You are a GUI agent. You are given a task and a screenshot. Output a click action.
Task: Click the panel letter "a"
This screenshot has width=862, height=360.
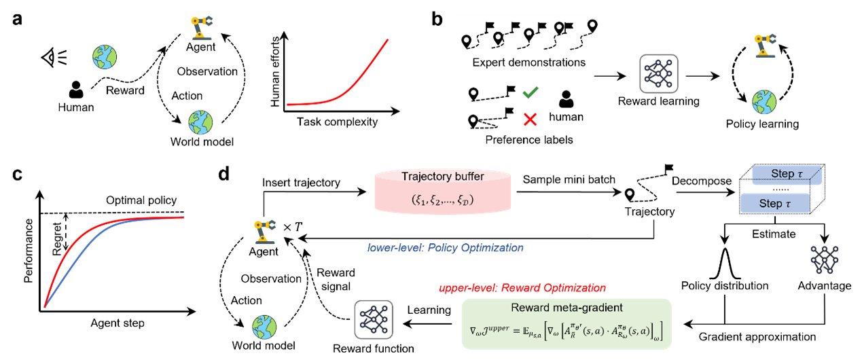coord(17,19)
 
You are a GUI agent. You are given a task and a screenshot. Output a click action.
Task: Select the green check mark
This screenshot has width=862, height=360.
coord(531,92)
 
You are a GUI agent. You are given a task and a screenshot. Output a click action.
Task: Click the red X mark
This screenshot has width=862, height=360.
coord(530,120)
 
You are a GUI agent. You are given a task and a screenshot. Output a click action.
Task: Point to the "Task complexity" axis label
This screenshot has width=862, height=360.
coord(337,122)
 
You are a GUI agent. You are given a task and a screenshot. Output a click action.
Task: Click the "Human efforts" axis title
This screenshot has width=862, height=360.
coord(274,71)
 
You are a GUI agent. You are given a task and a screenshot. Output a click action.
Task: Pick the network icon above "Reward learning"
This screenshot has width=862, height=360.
coord(658,74)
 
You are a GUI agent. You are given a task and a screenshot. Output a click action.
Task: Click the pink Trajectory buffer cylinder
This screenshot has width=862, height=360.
coord(443,191)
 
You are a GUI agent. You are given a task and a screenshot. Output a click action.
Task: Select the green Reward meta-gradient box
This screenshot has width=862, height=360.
coord(567,324)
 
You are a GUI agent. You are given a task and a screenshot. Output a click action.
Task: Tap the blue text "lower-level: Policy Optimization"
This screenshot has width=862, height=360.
coord(445,248)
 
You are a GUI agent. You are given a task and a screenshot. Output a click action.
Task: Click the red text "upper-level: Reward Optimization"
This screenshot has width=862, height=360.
coord(522,288)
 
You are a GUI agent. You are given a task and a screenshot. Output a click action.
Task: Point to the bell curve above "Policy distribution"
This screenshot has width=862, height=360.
coord(725,263)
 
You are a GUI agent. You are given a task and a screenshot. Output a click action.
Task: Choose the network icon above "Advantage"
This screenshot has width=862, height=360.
coord(824,259)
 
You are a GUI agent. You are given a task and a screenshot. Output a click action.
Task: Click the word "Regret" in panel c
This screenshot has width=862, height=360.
coord(57,238)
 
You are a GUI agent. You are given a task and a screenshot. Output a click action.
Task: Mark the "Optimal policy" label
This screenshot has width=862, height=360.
coord(141,200)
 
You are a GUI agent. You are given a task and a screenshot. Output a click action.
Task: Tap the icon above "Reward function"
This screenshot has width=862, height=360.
coord(374,320)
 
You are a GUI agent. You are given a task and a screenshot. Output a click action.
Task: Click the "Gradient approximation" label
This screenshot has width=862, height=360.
coord(757,337)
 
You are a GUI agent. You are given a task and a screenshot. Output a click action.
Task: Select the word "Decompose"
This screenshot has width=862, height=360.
coord(702,181)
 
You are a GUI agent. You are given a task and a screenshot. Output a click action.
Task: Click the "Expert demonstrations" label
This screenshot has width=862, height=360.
coord(528,62)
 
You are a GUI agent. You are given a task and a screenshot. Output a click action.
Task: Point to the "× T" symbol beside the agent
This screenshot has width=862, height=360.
coord(293,227)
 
